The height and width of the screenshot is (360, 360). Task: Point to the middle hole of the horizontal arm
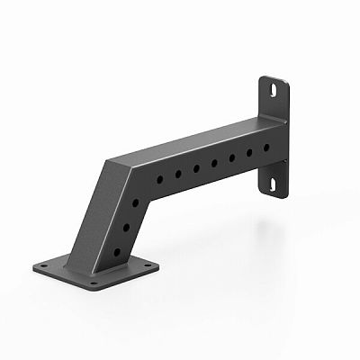[x=213, y=163]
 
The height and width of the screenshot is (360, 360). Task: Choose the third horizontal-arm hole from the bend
[x=195, y=168]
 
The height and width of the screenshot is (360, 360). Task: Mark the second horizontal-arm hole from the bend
[x=177, y=174]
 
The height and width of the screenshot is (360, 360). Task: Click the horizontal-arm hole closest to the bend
[x=159, y=179]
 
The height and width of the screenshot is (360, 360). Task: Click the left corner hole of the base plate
[x=44, y=265]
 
